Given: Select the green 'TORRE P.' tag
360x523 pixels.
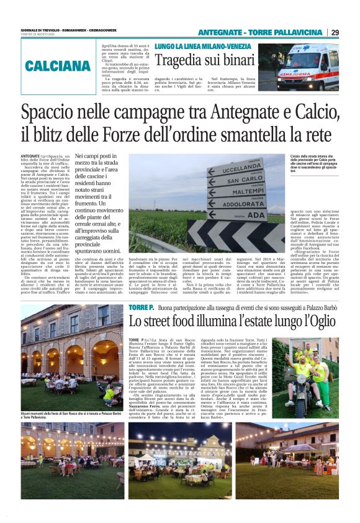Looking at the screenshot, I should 140,308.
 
